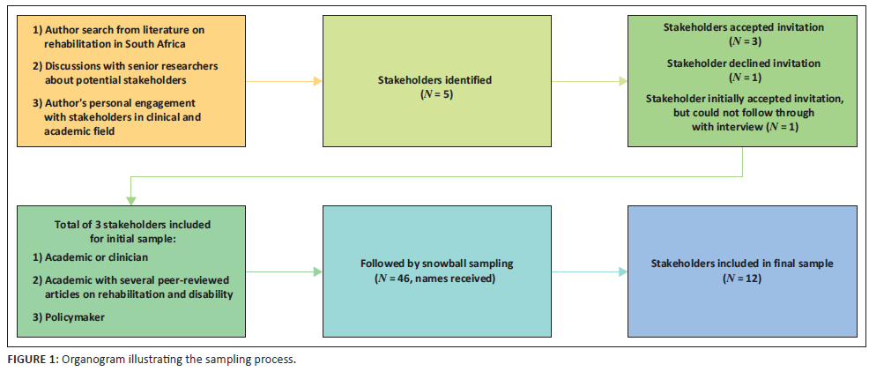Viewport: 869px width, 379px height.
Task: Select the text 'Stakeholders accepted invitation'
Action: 743,27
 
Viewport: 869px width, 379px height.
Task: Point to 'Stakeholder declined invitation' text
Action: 744,63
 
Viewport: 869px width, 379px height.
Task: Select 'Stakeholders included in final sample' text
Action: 742,264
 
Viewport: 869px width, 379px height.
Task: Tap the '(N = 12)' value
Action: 742,278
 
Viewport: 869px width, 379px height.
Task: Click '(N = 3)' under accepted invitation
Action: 743,41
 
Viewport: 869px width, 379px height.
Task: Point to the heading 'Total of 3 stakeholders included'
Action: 130,224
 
